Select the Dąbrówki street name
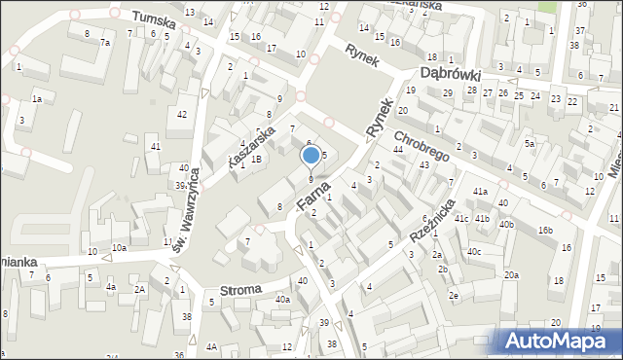pyautogui.click(x=452, y=73)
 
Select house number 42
pyautogui.click(x=182, y=115)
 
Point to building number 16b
pyautogui.click(x=547, y=230)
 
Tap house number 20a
pyautogui.click(x=512, y=275)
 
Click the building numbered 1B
pyautogui.click(x=256, y=159)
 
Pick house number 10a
pyautogui.click(x=118, y=248)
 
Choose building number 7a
pyautogui.click(x=104, y=43)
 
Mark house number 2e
pyautogui.click(x=454, y=296)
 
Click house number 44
pyautogui.click(x=397, y=149)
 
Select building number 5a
pyautogui.click(x=530, y=143)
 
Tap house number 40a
pyautogui.click(x=282, y=300)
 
